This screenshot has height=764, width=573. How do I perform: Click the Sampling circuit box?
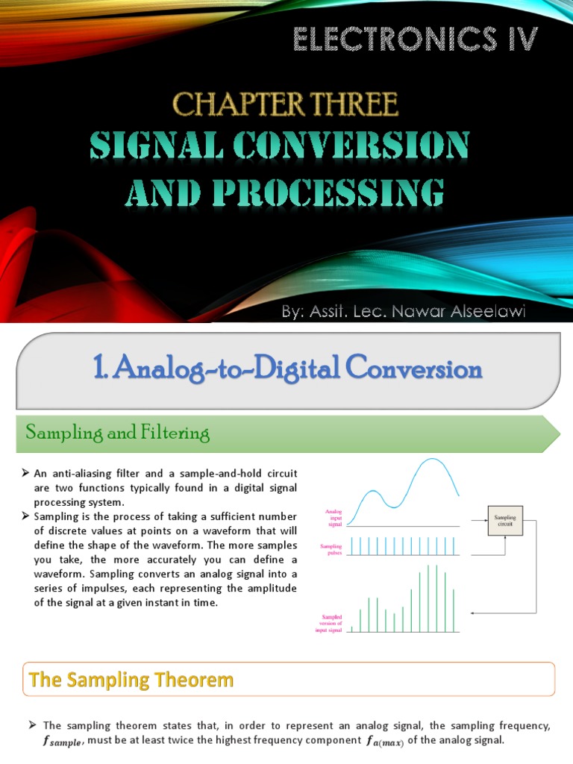pos(505,520)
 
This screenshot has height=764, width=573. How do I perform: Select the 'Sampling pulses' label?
pos(331,550)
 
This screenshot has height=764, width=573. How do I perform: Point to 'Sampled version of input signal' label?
pos(331,624)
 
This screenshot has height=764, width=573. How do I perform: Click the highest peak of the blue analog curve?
pos(431,460)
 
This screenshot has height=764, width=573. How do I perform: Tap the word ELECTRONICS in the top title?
pos(384,40)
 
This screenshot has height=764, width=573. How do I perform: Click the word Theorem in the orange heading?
pos(193,680)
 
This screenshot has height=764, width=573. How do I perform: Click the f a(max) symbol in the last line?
pos(383,741)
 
